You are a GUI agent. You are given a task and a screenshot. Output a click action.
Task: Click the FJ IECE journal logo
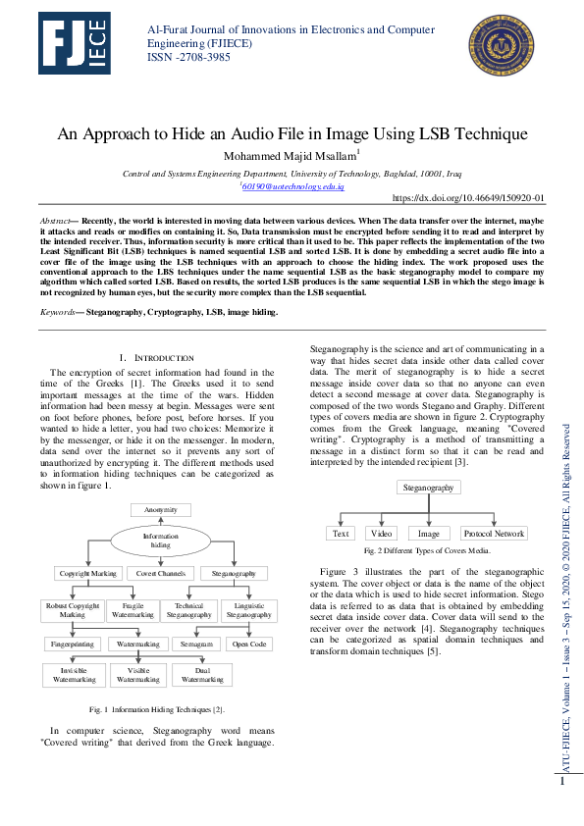(x=76, y=46)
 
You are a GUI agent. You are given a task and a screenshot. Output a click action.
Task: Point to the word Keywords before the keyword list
(x=59, y=285)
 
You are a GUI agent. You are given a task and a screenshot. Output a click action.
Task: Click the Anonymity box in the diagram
(x=160, y=511)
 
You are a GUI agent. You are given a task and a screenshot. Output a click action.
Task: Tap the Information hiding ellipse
(x=160, y=542)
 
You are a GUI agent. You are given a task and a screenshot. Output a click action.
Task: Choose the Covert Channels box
(x=160, y=573)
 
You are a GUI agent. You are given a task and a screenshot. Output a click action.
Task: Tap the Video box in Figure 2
(x=381, y=534)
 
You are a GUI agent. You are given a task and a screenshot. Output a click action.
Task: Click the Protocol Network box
(x=494, y=534)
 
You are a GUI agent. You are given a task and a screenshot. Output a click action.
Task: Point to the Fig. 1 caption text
(x=157, y=708)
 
